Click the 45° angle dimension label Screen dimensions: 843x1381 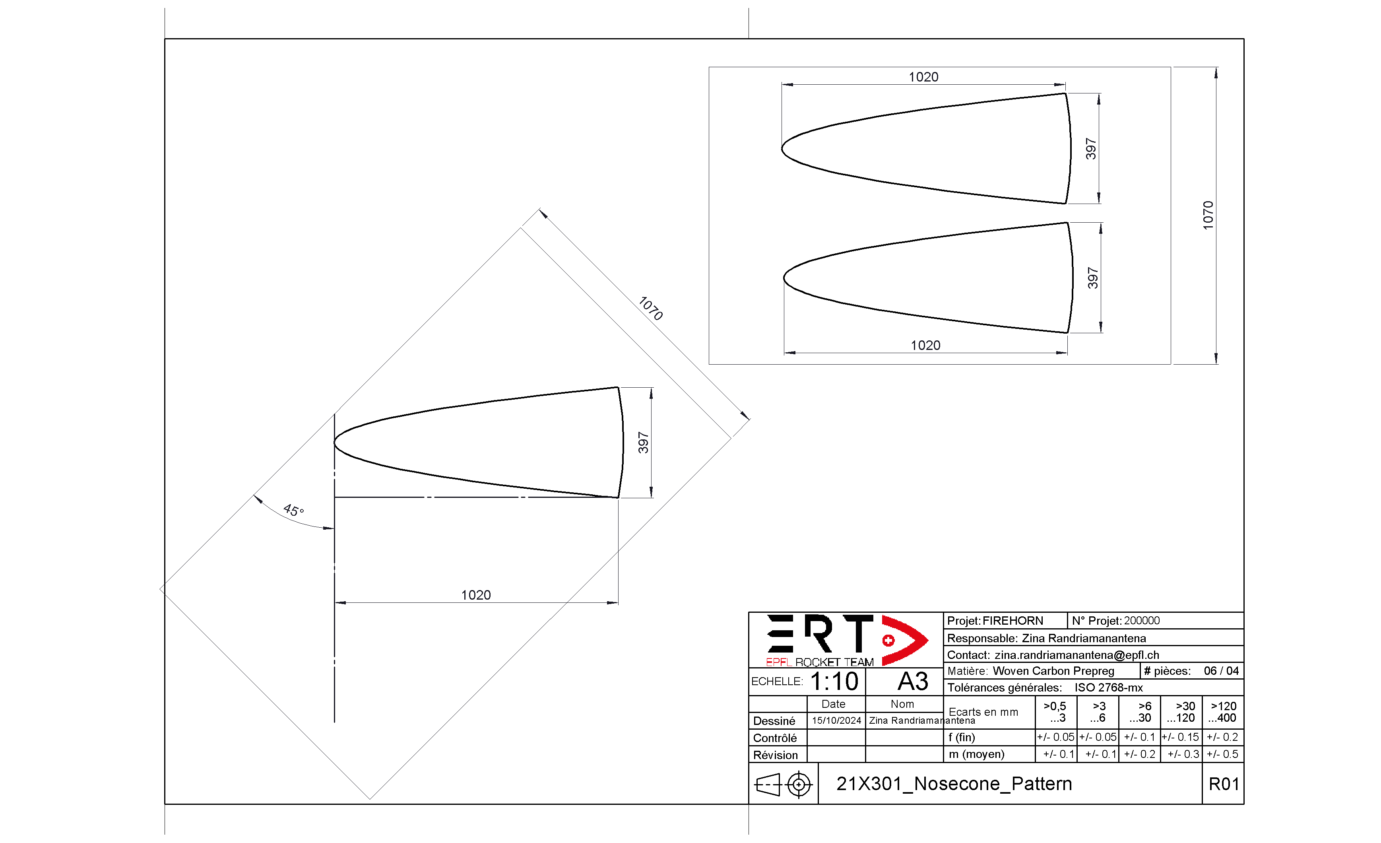[x=293, y=510]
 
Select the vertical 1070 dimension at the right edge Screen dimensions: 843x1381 [x=1208, y=215]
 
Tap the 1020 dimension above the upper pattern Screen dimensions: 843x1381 [x=923, y=77]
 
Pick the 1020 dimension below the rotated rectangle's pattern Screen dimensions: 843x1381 [x=476, y=595]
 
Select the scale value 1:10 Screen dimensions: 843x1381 [x=834, y=682]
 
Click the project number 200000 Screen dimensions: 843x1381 [x=1142, y=620]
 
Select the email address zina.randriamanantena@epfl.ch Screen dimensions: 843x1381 [x=1076, y=655]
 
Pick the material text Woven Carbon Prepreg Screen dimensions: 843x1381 [x=1053, y=671]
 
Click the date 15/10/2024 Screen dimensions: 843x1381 [x=836, y=720]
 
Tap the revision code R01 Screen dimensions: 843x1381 [x=1224, y=784]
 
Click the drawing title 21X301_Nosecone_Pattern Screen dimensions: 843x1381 [x=954, y=784]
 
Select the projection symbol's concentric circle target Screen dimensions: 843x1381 [x=799, y=784]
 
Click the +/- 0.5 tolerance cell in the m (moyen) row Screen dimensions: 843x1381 [x=1222, y=754]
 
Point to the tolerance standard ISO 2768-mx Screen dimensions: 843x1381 [x=1108, y=687]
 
